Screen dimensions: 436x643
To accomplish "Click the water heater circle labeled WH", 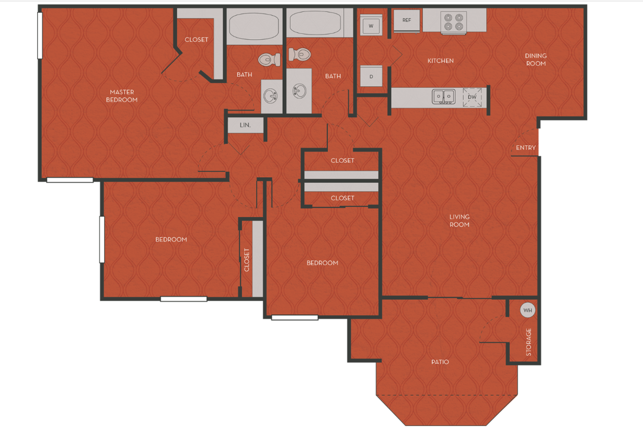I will click(x=527, y=311).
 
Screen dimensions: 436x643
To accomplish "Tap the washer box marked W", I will click(x=371, y=26).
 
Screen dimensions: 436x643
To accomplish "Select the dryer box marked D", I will click(x=371, y=76).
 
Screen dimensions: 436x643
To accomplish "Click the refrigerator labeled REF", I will click(x=407, y=20).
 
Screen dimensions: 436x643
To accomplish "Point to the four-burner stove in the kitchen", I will click(x=453, y=22).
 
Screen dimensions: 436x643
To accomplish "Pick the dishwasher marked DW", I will click(x=472, y=97).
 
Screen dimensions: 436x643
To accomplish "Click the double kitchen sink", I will click(x=443, y=97).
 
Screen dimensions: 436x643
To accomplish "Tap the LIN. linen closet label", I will click(x=245, y=125).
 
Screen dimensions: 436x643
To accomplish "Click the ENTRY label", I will click(x=526, y=148).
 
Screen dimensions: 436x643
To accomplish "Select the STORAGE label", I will click(x=529, y=342).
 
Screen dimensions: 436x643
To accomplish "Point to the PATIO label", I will click(x=440, y=362).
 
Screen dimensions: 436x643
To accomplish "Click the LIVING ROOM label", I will click(x=460, y=221).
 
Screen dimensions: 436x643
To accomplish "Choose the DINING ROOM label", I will click(x=536, y=60).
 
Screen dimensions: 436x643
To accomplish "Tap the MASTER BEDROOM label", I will click(x=122, y=96).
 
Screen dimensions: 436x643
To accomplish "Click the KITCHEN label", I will click(x=441, y=61).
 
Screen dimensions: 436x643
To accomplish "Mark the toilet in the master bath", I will click(x=269, y=60).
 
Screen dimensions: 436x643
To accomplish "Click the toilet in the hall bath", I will click(x=300, y=54).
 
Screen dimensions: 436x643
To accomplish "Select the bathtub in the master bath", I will click(x=254, y=26).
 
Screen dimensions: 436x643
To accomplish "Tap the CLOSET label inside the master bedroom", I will click(x=197, y=40).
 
